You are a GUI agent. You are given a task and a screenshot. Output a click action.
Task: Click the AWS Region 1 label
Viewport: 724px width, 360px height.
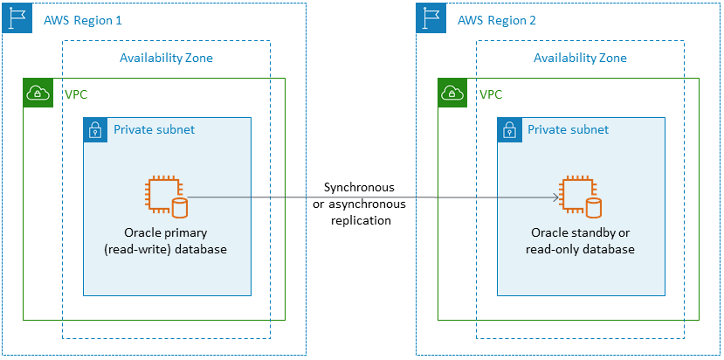click(82, 20)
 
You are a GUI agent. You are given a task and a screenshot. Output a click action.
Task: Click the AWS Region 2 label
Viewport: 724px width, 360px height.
click(496, 20)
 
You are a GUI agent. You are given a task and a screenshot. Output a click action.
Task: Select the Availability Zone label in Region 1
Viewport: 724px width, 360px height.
click(166, 59)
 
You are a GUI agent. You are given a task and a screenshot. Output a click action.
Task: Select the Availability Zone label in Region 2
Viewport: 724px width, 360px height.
click(580, 59)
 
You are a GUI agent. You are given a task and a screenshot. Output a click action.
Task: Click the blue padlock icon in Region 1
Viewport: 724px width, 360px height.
click(94, 130)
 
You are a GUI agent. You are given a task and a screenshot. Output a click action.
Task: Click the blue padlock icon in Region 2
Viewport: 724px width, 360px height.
click(508, 130)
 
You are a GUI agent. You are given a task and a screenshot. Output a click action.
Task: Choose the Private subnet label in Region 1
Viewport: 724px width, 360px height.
click(154, 130)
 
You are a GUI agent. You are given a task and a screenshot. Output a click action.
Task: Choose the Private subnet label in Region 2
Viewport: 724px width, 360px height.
click(568, 130)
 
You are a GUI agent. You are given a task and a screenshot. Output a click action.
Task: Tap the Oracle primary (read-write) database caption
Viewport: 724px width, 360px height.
click(167, 241)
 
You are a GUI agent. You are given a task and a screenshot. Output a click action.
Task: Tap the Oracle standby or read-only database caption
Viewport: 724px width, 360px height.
click(580, 241)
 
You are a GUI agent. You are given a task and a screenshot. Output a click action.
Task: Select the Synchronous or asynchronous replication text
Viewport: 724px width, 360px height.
click(359, 204)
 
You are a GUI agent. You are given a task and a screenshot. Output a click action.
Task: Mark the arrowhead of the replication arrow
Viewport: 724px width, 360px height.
click(555, 197)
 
